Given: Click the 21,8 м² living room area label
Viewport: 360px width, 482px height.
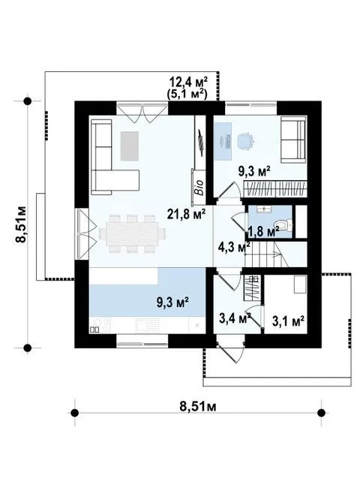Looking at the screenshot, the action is tap(186, 214).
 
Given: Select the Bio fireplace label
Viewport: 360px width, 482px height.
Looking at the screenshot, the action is tap(199, 187).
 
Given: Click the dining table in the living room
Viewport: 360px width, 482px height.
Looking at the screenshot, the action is tap(132, 233).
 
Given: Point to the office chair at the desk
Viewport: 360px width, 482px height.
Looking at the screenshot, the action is tap(246, 141).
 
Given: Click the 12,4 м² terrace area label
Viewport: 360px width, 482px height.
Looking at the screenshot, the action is tap(188, 83).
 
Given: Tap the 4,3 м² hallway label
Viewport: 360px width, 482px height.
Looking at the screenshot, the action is tap(234, 246).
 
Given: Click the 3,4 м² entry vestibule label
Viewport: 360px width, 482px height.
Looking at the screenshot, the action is tap(235, 318).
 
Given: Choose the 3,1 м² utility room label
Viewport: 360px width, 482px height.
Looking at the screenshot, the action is tap(288, 321).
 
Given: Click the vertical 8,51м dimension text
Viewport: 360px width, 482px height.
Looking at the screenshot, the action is tap(21, 224).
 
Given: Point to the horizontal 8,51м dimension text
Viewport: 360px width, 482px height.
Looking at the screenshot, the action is tap(198, 406).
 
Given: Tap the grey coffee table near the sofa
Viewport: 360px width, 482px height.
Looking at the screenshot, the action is tap(129, 146).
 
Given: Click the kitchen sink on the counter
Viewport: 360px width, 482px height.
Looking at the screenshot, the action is tap(148, 325).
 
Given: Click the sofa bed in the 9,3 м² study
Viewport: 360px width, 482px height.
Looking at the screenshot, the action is tap(294, 141).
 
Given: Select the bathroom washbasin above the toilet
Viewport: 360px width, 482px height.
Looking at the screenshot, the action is tap(264, 209).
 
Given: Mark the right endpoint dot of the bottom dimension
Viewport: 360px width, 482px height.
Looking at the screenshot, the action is tap(321, 412).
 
